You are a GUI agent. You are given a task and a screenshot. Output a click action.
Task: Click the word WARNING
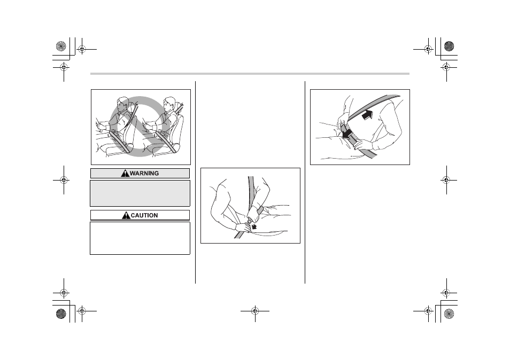(144, 174)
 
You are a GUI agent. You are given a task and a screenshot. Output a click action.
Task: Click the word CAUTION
(144, 215)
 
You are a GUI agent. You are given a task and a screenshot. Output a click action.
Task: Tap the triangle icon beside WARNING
(125, 174)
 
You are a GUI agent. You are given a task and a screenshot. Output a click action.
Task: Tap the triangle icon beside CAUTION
(126, 215)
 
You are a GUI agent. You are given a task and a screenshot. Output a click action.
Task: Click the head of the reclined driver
(122, 104)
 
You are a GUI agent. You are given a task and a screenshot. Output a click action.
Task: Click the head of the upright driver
(169, 104)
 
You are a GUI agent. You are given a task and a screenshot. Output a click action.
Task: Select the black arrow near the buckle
(254, 225)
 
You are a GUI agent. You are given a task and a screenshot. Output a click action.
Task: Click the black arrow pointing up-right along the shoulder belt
(367, 115)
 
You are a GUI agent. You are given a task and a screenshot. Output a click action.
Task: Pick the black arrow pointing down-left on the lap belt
(347, 133)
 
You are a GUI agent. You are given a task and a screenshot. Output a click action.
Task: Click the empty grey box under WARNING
(140, 193)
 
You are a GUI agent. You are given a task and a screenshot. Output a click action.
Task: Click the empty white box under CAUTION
(140, 238)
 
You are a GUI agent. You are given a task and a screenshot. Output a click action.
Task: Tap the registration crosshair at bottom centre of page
(255, 311)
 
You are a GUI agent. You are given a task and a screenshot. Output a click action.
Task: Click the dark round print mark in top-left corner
(61, 46)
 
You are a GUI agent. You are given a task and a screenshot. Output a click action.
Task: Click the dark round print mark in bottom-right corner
(449, 314)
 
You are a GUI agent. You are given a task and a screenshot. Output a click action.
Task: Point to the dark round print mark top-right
(449, 46)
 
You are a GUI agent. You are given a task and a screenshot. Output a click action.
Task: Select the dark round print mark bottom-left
(61, 314)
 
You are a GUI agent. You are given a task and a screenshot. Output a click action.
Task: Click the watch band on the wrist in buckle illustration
(260, 210)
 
